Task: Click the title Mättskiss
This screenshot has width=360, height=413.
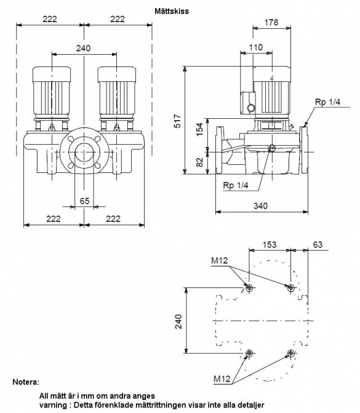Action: click(172, 11)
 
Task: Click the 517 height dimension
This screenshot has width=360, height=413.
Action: click(178, 121)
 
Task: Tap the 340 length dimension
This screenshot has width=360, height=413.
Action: click(260, 206)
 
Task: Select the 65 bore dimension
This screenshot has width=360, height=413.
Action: click(84, 201)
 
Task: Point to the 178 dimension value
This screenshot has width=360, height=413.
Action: click(271, 22)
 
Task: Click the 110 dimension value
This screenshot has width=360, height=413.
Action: click(256, 47)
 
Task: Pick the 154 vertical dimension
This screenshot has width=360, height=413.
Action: click(200, 129)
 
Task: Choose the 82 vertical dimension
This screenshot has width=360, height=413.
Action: click(200, 162)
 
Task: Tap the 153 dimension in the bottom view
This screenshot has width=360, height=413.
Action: click(270, 244)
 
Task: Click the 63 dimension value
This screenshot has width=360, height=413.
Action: click(318, 244)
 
